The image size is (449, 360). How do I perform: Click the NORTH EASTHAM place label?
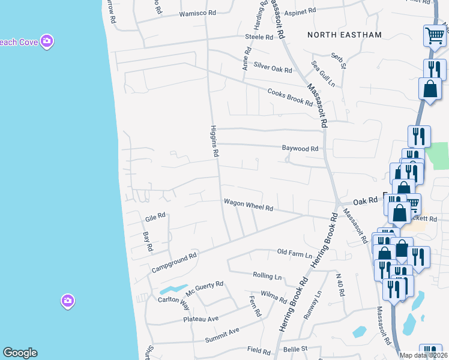(344, 35)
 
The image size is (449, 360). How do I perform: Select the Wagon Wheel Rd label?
(249, 205)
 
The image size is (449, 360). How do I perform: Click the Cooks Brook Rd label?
(290, 97)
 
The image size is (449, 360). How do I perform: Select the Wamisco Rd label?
(197, 14)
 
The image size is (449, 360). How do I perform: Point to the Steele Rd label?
(259, 37)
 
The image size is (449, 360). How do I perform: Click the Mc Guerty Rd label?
(204, 288)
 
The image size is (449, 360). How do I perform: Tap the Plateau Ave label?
(201, 319)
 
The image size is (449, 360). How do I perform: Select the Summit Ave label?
(222, 335)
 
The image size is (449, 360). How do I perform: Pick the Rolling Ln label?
(268, 277)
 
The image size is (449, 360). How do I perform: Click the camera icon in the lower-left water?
(68, 301)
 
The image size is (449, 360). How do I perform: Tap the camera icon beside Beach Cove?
(47, 41)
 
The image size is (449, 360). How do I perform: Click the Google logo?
(20, 353)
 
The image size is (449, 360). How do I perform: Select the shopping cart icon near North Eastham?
(434, 35)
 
